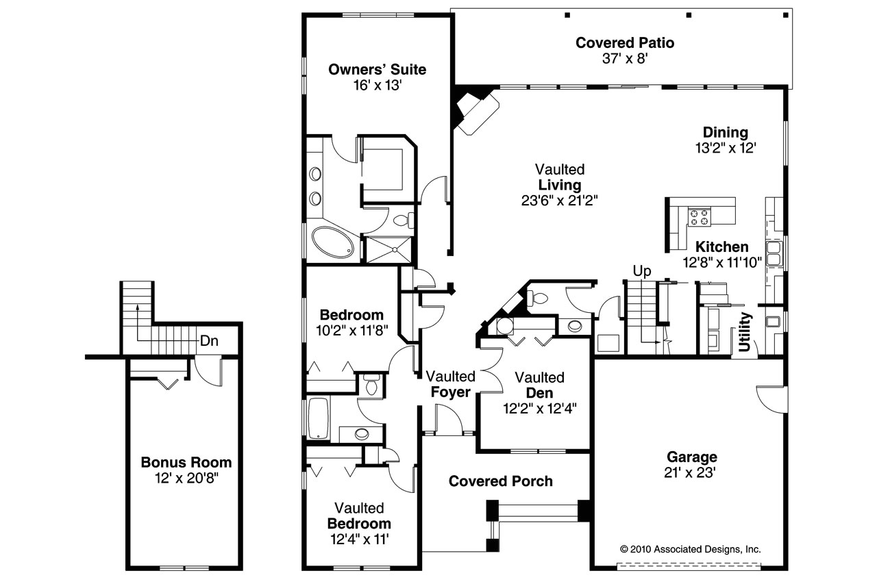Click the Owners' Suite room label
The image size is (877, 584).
[377, 69]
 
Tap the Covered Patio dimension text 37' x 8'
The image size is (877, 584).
[624, 59]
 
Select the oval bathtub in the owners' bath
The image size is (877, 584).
[332, 242]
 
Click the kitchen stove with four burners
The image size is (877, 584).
[700, 217]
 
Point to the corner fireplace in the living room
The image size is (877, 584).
[477, 111]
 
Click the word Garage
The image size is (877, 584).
[692, 457]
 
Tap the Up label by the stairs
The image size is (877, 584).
[641, 270]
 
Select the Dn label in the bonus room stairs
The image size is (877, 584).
[209, 341]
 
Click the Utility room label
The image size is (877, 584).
[745, 332]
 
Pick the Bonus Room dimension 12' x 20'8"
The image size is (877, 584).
[186, 477]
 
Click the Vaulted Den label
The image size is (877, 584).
[539, 385]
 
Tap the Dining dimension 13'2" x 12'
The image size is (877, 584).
[726, 147]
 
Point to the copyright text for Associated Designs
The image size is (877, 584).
[690, 548]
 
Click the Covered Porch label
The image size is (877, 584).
[500, 481]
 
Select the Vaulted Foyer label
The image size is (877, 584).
[450, 384]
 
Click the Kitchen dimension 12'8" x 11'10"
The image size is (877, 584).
[722, 262]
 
